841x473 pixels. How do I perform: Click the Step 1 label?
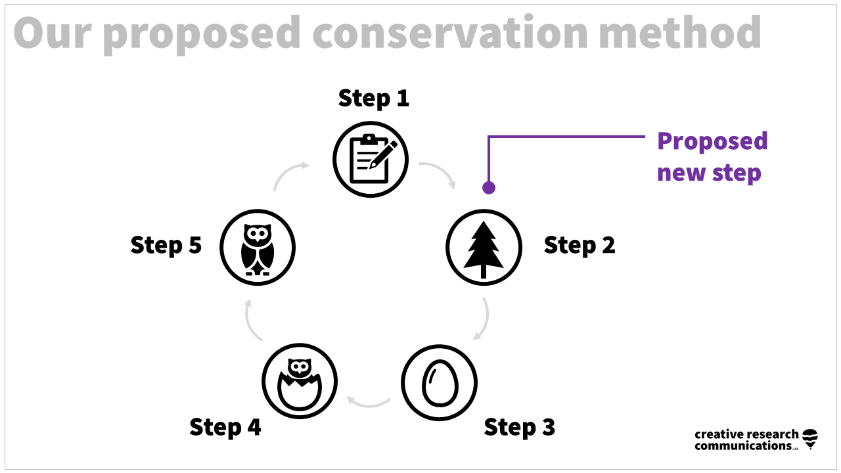373,99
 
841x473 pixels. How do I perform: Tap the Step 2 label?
580,245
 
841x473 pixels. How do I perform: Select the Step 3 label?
519,428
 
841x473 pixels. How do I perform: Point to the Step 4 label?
225,428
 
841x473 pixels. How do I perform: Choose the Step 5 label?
166,245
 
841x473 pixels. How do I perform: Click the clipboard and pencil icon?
371,159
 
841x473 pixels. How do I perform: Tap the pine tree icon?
484,248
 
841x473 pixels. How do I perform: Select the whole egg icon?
439,383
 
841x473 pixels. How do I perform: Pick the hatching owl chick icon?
300,381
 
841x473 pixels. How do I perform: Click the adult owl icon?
258,248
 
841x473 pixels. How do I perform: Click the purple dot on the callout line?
488,188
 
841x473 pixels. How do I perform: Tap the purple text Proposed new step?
712,157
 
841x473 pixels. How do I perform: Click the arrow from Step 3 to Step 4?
368,400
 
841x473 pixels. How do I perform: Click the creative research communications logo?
756,439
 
